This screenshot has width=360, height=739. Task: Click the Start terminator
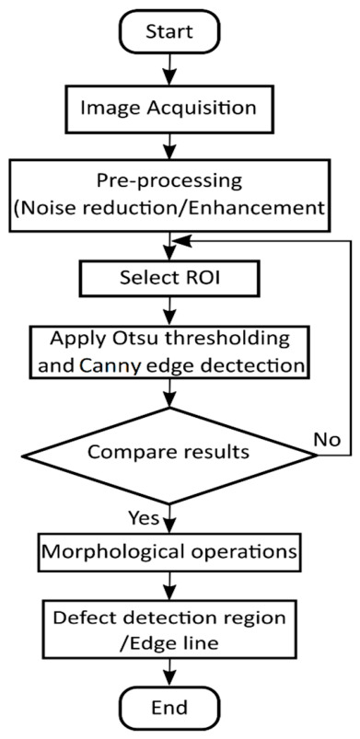point(168,33)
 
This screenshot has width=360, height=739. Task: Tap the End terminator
point(168,707)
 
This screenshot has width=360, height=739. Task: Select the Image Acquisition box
point(168,108)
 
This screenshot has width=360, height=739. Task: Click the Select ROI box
point(169,278)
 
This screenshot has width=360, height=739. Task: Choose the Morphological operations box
point(168,550)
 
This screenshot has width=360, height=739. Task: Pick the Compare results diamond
point(168,455)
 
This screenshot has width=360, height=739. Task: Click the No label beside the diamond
point(328,439)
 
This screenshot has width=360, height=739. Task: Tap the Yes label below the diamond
point(144,519)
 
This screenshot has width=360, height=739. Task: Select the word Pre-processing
point(168,181)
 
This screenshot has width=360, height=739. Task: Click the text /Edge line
point(169,642)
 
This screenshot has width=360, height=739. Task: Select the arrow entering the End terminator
point(168,672)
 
